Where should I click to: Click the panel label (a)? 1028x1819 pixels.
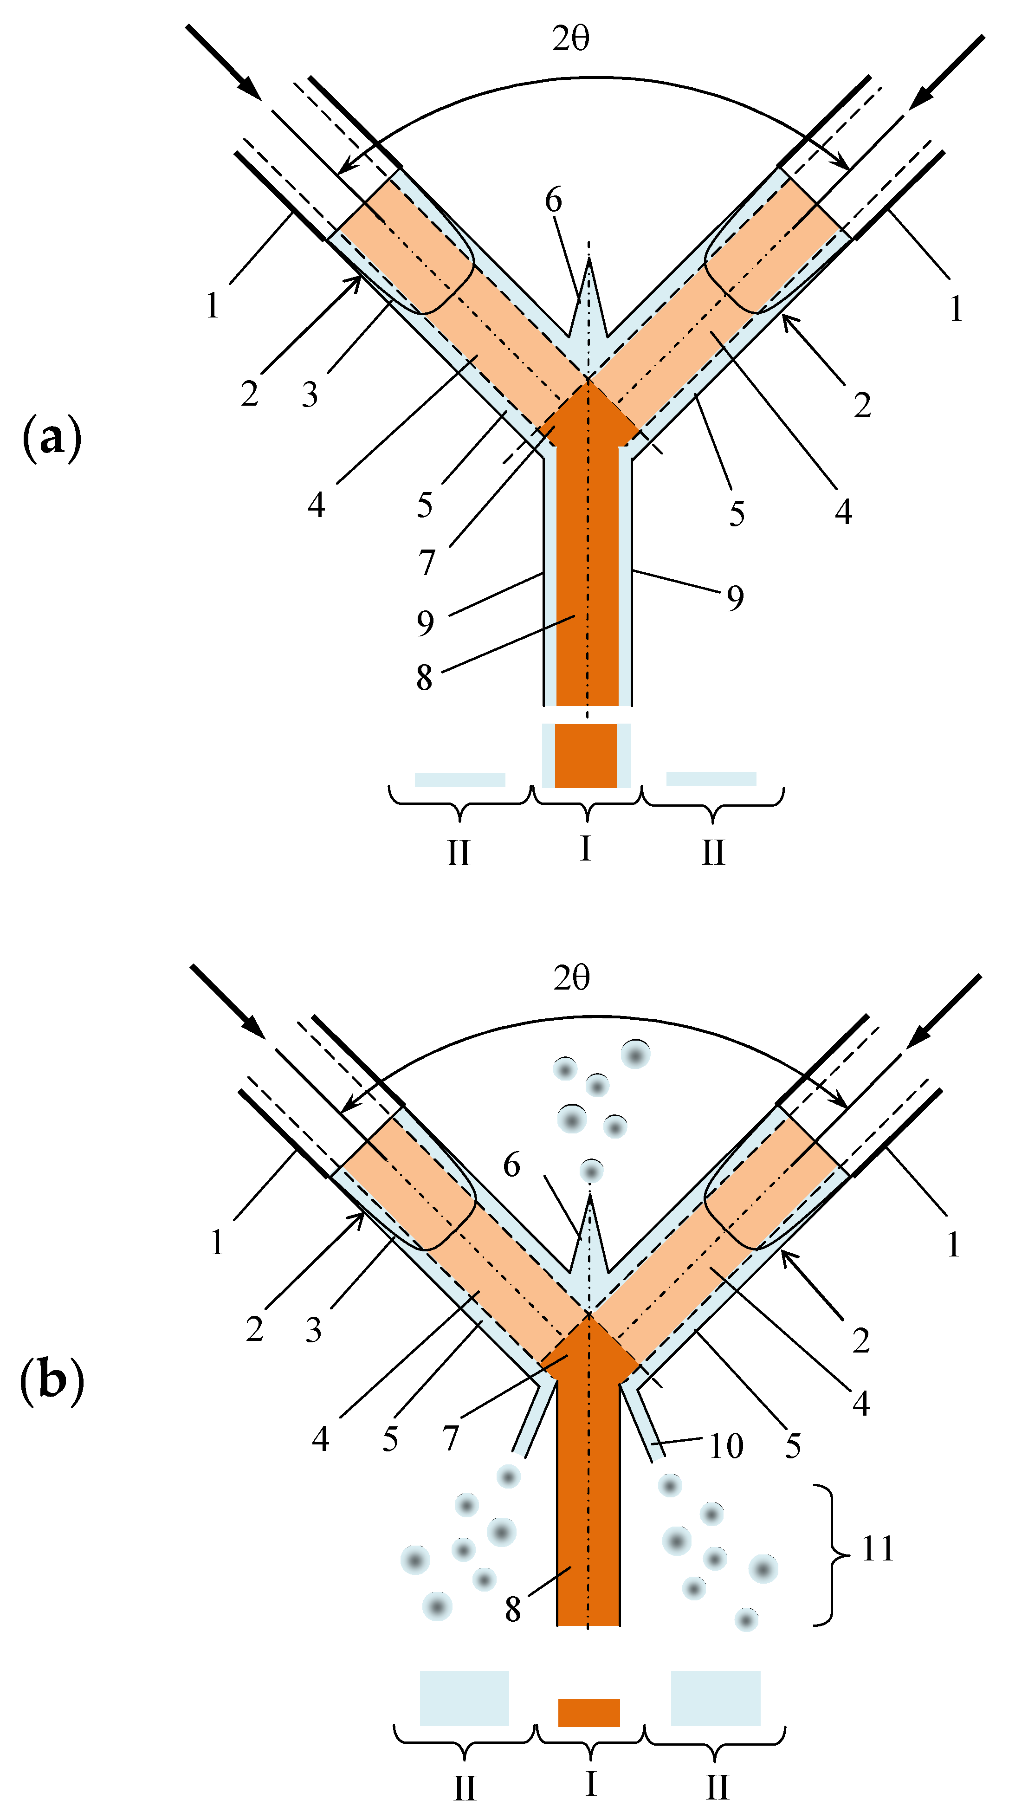click(x=52, y=439)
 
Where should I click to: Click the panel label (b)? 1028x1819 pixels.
click(x=52, y=1380)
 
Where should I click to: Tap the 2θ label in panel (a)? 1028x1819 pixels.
click(x=570, y=39)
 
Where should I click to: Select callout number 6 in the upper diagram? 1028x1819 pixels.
click(x=554, y=201)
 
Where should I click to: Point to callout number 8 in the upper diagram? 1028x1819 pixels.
click(x=424, y=678)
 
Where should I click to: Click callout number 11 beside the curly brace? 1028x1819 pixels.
click(x=878, y=1548)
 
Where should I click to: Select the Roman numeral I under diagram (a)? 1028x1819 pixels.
click(x=585, y=848)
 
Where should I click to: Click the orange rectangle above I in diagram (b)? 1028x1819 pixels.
click(x=589, y=1712)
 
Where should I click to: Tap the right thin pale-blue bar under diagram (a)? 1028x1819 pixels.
click(x=711, y=779)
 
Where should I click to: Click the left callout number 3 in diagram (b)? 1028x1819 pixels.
click(x=313, y=1330)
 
